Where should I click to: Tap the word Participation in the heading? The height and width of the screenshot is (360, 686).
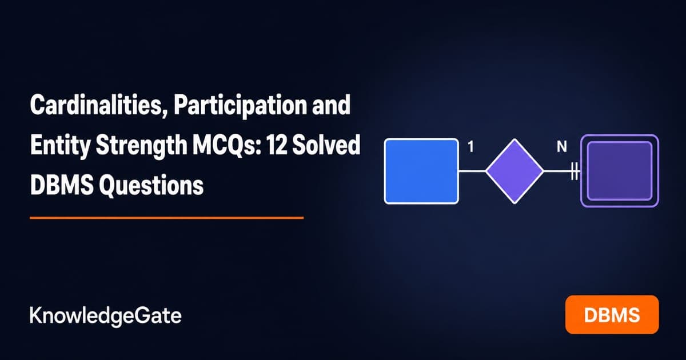pos(240,106)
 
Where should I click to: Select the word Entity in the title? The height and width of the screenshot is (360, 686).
pos(61,146)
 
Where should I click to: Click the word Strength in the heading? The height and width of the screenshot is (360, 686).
pos(141,146)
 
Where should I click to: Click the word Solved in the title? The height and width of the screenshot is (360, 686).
pos(326,145)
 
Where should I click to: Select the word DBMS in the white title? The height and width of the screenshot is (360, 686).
pos(62,185)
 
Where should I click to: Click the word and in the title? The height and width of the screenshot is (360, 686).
pos(332,105)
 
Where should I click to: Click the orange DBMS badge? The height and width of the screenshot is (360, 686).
pos(612,315)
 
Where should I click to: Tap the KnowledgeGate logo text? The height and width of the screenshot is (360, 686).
pos(106,316)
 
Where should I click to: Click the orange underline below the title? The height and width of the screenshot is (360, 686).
pos(167,218)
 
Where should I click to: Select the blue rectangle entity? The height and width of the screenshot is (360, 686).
pos(421,171)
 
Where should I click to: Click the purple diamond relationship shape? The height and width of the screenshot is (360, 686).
pos(514,171)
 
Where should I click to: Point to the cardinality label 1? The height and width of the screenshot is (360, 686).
pos(471,147)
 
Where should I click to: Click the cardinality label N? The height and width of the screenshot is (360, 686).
pos(561,147)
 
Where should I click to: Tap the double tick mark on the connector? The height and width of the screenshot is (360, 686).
pos(575,171)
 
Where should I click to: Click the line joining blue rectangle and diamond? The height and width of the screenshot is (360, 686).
pos(472,171)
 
